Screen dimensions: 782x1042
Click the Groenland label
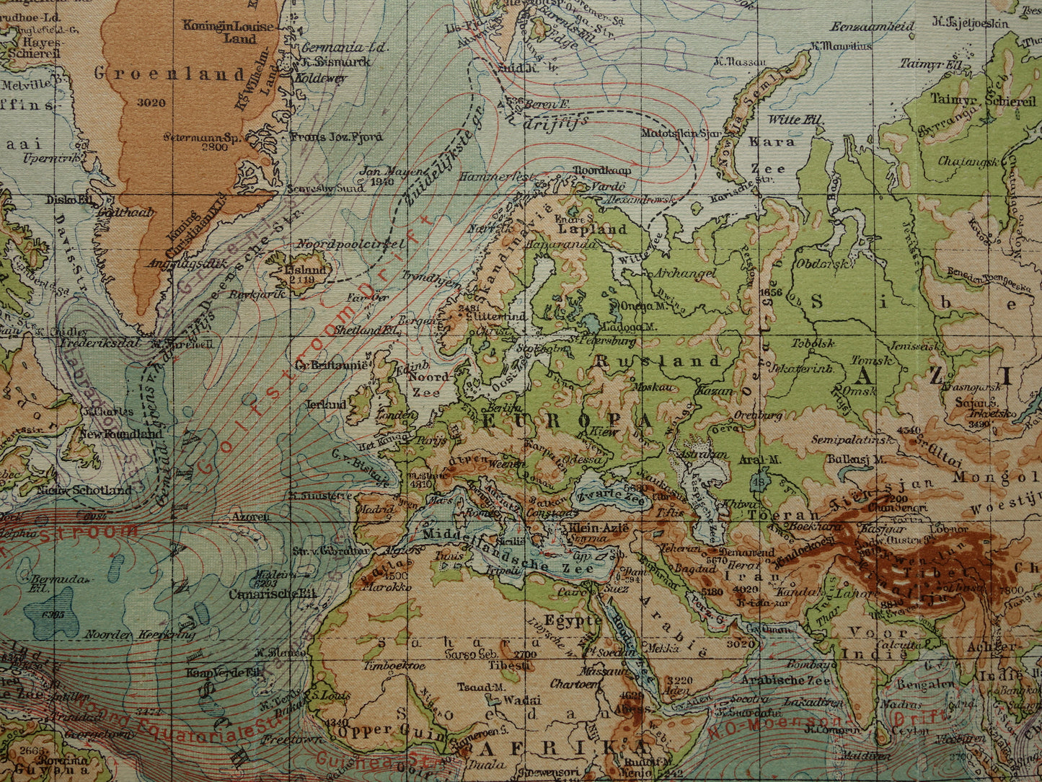coord(170,74)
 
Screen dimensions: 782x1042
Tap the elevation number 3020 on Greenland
coord(151,102)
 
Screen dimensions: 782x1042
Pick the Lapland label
coord(592,229)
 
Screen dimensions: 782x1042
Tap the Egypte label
coord(573,621)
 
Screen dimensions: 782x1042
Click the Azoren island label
coord(251,517)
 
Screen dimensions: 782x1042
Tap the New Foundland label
coord(120,434)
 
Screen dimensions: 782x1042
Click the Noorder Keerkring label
coord(140,635)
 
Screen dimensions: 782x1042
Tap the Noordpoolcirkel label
coord(351,244)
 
